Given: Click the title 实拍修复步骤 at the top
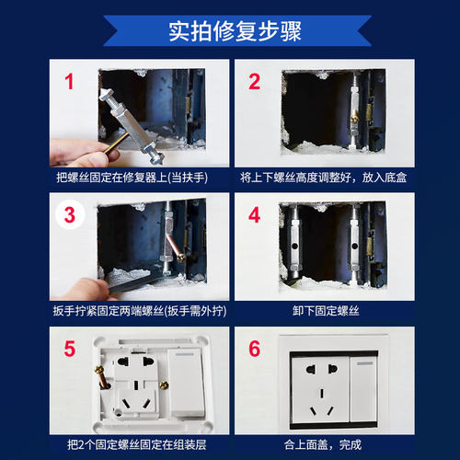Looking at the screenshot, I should click(x=230, y=30).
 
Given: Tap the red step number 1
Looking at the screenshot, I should click(x=68, y=83).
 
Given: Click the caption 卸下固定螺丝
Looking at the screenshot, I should click(x=324, y=310).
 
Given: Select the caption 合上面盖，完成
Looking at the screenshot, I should click(x=324, y=443).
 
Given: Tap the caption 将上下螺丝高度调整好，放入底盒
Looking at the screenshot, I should click(x=324, y=176).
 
